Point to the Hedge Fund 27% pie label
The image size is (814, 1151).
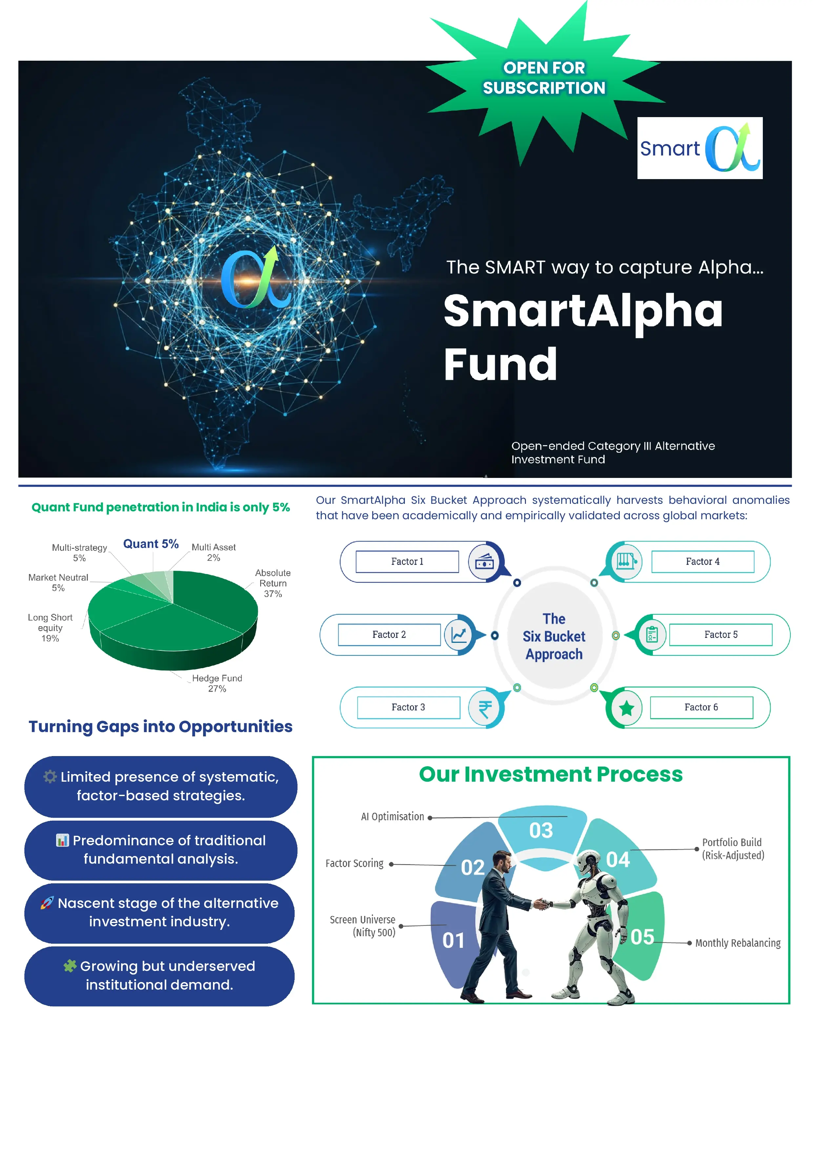[217, 683]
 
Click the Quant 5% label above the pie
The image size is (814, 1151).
[151, 544]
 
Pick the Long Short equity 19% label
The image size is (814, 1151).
[50, 627]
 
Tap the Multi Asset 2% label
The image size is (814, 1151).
[214, 552]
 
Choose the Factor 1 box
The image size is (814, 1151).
[407, 562]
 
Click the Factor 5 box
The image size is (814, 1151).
[721, 635]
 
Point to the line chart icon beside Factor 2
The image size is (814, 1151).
[459, 635]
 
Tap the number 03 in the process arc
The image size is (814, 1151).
[541, 831]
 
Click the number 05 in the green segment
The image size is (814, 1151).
[642, 936]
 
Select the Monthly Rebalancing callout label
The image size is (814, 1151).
[738, 943]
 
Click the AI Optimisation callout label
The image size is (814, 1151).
[393, 817]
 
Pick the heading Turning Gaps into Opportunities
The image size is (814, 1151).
[160, 727]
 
